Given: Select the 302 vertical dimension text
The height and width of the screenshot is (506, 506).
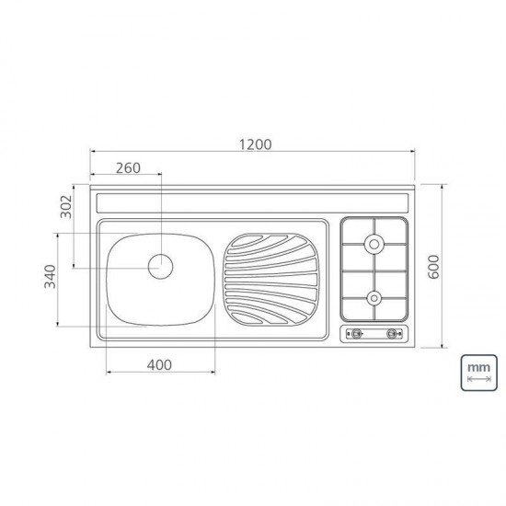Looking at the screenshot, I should click(64, 207).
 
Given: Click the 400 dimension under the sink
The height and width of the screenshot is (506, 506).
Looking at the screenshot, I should click(160, 365).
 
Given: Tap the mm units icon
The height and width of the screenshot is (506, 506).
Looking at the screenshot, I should click(477, 373).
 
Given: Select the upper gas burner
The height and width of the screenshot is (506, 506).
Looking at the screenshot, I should click(374, 244).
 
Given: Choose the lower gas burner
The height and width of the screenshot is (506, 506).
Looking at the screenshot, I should click(374, 296).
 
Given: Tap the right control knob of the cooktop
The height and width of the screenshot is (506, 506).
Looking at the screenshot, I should click(396, 334).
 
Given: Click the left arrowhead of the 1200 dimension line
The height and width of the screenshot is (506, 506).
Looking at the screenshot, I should click(92, 155).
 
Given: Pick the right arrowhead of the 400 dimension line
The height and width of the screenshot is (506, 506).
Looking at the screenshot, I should click(214, 373).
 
